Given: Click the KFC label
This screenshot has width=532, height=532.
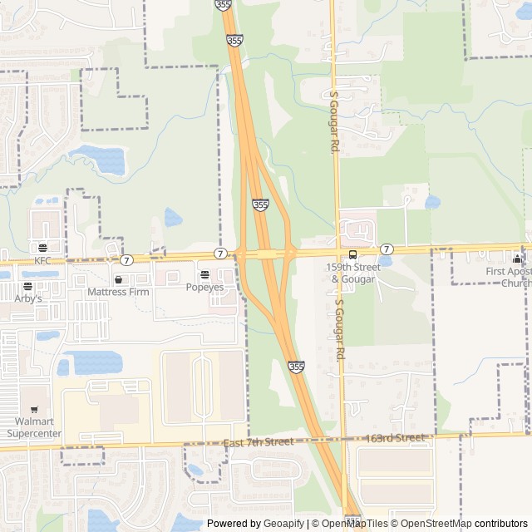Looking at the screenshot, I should [42, 260].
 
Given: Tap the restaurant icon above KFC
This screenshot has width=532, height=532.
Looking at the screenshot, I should [42, 248].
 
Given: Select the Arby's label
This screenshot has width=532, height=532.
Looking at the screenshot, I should [27, 298].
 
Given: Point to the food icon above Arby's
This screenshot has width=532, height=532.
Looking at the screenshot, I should [27, 286].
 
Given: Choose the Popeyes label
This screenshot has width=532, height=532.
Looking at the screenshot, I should [204, 287].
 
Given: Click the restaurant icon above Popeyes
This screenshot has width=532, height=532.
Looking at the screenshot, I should [204, 274].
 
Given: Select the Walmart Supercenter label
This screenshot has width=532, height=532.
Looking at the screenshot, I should [34, 427].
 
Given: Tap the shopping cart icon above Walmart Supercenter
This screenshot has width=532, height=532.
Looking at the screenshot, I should [34, 409].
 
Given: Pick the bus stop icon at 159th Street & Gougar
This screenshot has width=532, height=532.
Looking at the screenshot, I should [353, 255].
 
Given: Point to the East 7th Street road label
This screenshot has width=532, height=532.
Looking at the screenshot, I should [259, 442].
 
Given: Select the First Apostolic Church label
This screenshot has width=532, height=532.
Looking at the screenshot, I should [509, 277].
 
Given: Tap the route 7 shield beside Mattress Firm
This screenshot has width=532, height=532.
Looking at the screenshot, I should [126, 260].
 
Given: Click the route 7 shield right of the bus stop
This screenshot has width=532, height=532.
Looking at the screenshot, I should [387, 249].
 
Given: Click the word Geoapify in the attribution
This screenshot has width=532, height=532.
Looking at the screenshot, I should [283, 524].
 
